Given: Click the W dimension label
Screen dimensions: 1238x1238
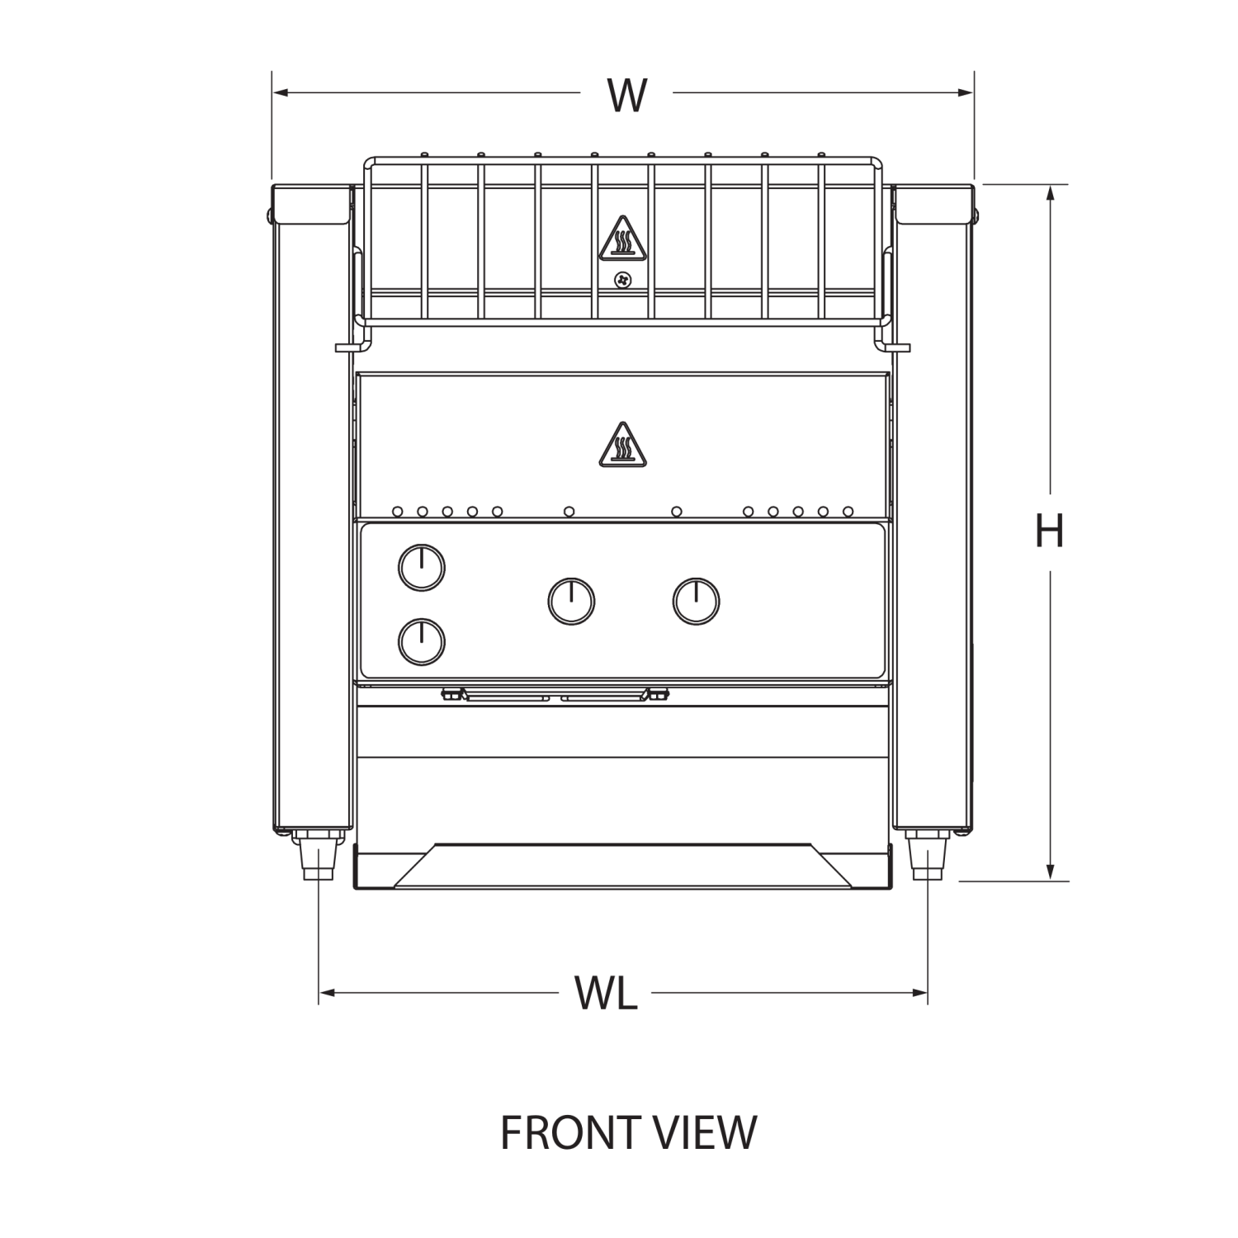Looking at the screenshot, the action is coord(626,95).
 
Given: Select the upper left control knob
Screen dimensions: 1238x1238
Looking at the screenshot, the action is coord(422,568).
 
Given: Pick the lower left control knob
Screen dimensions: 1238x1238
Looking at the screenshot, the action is coord(422,642).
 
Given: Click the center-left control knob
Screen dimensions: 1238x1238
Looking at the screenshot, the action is coord(571,601).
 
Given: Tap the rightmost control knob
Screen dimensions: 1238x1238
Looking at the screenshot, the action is coord(696,601).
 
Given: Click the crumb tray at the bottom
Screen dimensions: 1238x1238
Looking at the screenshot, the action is coord(623,866).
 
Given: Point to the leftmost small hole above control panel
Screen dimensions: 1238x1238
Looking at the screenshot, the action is coord(398,512).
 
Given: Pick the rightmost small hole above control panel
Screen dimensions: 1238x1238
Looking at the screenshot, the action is coord(848,512).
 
